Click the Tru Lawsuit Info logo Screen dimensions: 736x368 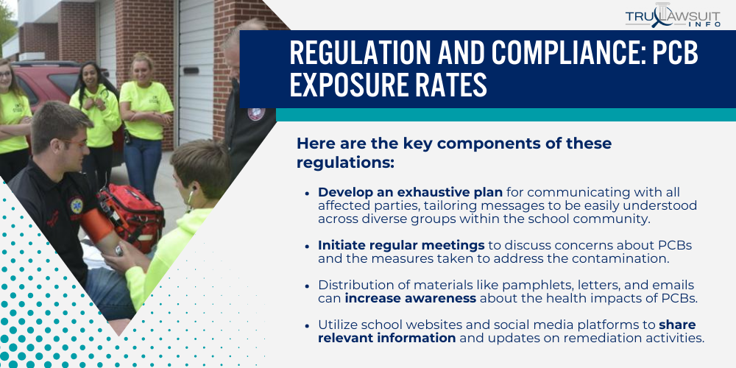673,17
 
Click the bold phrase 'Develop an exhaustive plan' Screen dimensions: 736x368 410,192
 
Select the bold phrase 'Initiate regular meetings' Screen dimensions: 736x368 401,246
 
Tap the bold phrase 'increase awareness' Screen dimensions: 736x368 410,299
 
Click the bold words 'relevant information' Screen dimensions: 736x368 387,338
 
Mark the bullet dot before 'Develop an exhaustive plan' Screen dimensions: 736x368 307,193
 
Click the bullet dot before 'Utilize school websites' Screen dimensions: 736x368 307,325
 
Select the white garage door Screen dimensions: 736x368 197,71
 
